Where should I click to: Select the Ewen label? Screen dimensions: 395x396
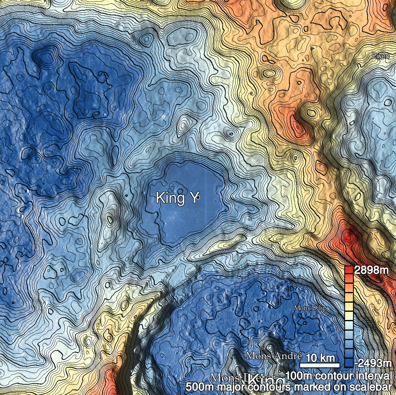(x=381, y=56)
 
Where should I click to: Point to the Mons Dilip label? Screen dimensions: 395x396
(x=310, y=308)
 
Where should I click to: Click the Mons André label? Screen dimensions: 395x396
(x=274, y=356)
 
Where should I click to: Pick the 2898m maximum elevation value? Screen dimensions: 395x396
(x=372, y=271)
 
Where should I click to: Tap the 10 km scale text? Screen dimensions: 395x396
(x=319, y=358)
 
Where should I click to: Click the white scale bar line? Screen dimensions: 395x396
(x=319, y=363)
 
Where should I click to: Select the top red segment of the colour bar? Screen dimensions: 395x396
(x=349, y=270)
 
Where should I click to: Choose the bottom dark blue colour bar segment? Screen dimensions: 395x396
(x=349, y=362)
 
